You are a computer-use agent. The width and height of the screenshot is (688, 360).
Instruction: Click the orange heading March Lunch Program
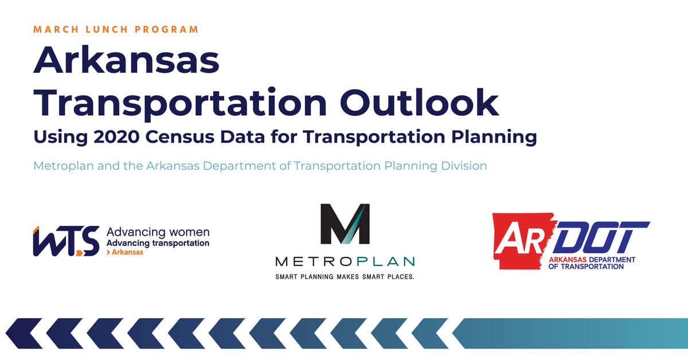(116, 29)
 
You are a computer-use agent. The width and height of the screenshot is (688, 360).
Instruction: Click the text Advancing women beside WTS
(158, 233)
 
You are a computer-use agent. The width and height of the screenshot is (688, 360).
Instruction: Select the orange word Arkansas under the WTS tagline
(127, 252)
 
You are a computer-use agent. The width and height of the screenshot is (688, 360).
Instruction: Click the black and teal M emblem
(345, 224)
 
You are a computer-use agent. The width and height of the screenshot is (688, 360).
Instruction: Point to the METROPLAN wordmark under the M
(345, 261)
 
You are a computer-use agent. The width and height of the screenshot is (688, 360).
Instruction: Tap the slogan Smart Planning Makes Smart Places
(345, 276)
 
